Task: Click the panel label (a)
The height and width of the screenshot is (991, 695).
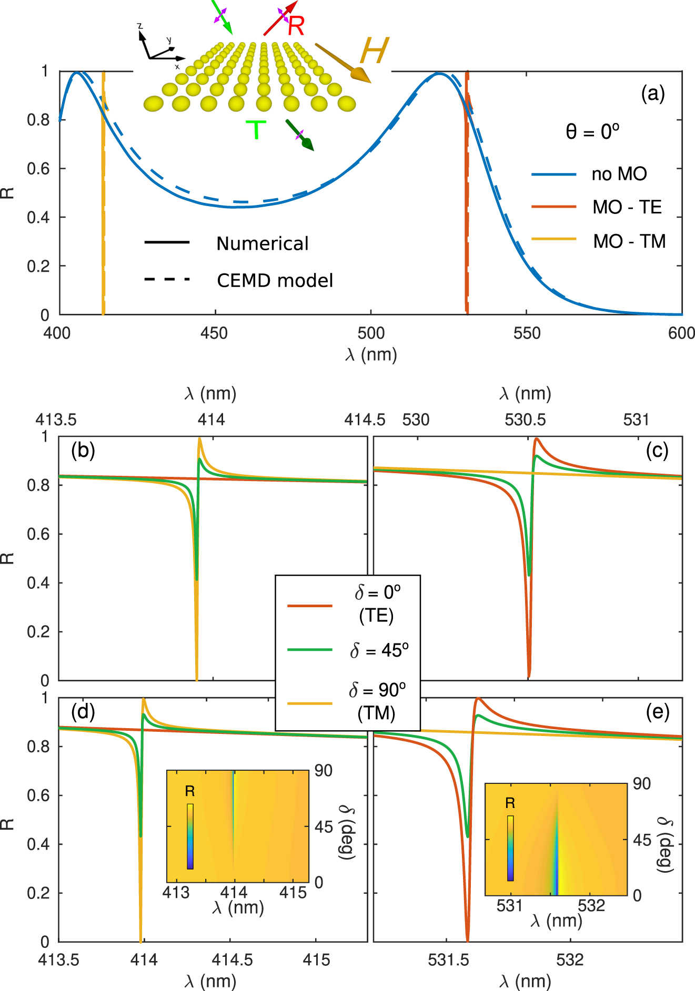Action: coord(652,94)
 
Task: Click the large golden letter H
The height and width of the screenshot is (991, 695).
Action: coord(374,52)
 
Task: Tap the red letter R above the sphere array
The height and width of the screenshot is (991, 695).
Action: coord(296,26)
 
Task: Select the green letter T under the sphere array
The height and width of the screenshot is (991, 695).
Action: coord(256,130)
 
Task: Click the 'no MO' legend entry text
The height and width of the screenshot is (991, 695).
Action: coord(619,174)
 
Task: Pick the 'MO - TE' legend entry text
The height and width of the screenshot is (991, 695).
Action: coord(627,207)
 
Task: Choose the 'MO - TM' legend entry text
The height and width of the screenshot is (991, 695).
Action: coord(629,241)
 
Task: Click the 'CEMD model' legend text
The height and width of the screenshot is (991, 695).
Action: coord(275,281)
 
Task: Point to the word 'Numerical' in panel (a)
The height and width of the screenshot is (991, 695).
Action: coord(262,244)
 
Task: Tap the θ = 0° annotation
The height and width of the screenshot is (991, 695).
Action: coord(592,131)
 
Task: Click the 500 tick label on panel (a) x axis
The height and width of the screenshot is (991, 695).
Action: coord(371,333)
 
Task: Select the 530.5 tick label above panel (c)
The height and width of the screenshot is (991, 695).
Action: coord(525,420)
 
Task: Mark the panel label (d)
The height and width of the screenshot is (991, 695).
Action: coord(83,712)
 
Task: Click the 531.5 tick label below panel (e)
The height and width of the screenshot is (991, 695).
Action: coord(448,960)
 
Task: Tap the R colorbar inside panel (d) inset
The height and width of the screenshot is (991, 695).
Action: coord(190,836)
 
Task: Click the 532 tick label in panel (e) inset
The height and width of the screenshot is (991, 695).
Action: coord(591,906)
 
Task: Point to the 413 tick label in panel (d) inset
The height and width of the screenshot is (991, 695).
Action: coord(176,893)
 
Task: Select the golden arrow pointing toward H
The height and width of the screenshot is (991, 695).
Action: coord(343,63)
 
